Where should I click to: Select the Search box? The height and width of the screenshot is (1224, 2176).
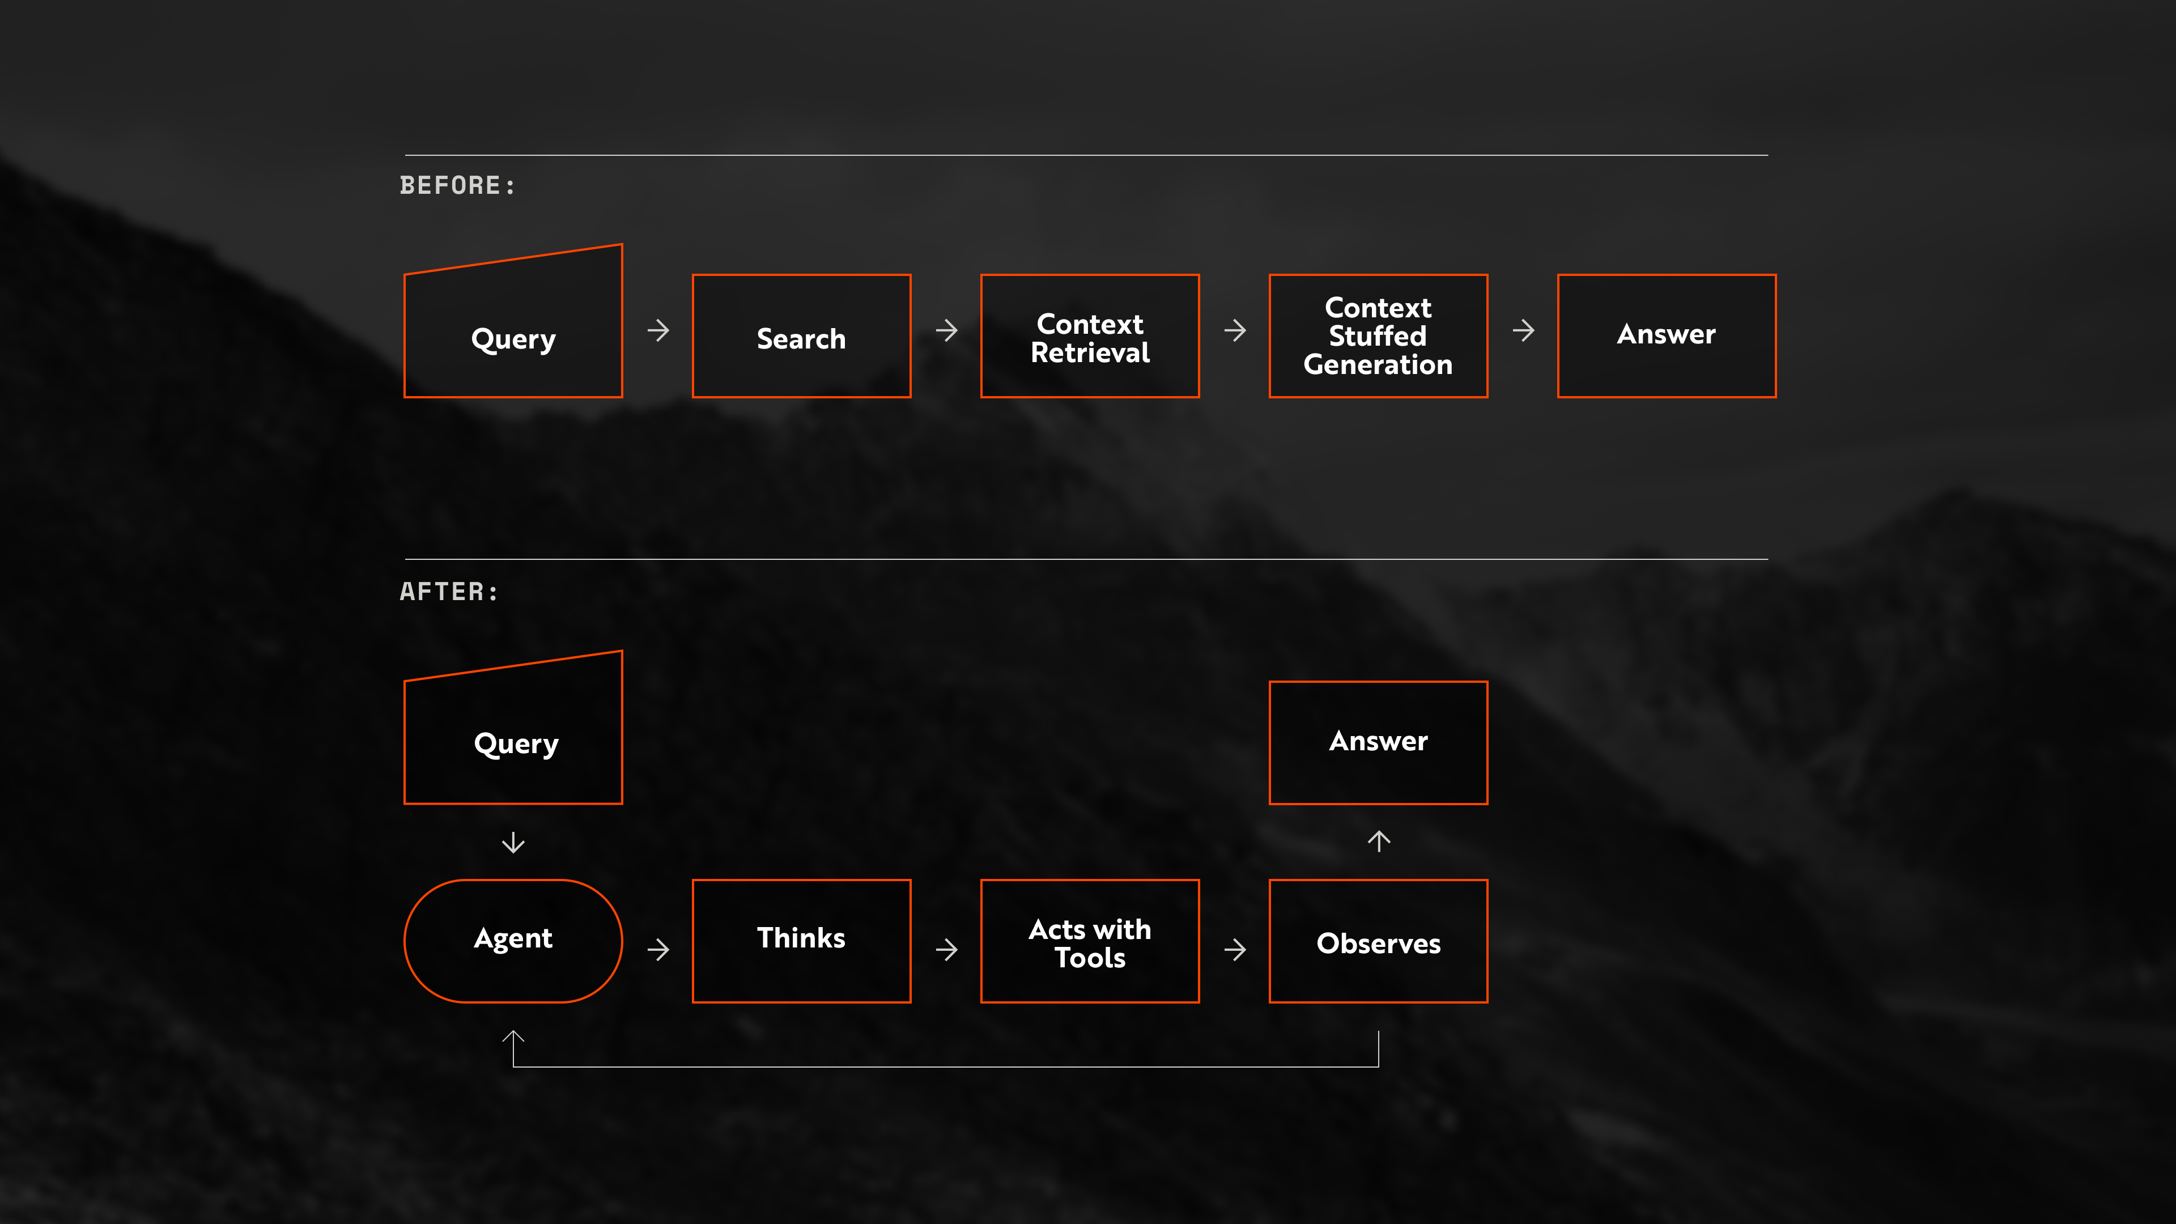click(801, 336)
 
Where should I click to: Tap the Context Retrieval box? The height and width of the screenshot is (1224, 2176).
click(1090, 336)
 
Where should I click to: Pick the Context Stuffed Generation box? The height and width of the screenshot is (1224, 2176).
click(1378, 336)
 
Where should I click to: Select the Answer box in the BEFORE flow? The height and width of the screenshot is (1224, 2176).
click(1666, 336)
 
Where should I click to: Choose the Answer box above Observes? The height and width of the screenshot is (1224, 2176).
click(1378, 742)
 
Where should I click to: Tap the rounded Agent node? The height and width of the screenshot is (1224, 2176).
click(513, 940)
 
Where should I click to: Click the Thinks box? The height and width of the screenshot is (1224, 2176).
click(801, 940)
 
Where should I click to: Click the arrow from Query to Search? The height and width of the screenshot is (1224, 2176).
click(658, 330)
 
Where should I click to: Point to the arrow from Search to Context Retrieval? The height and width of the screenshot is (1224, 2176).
click(946, 330)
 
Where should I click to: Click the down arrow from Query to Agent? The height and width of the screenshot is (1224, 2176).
click(513, 842)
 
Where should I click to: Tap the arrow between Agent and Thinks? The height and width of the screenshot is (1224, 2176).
click(658, 950)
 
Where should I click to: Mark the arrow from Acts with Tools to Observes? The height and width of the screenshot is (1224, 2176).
click(1234, 950)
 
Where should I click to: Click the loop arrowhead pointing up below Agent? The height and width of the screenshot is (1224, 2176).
click(513, 1039)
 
